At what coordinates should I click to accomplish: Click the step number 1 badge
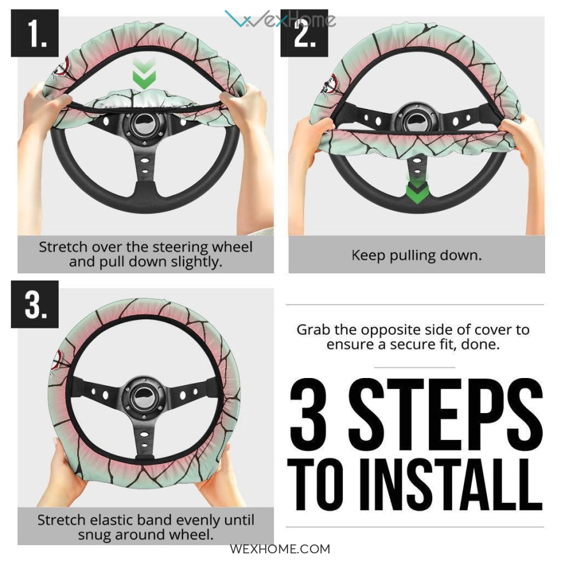pos(34,33)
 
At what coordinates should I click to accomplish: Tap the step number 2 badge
pos(304,33)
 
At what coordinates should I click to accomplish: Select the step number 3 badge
pos(34,304)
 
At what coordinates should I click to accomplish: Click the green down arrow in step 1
pos(144,74)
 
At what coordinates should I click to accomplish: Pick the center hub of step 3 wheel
pos(144,396)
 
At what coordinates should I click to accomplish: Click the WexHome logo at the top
pos(280,18)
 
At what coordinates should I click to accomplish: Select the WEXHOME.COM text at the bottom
pos(280,548)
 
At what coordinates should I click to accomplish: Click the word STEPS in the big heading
pos(445,411)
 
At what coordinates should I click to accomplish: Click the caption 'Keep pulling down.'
pos(416,255)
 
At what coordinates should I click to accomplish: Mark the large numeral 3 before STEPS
pos(308,411)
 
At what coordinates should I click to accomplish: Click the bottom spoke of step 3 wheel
pos(144,437)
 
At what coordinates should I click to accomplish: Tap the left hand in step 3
pos(68,472)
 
